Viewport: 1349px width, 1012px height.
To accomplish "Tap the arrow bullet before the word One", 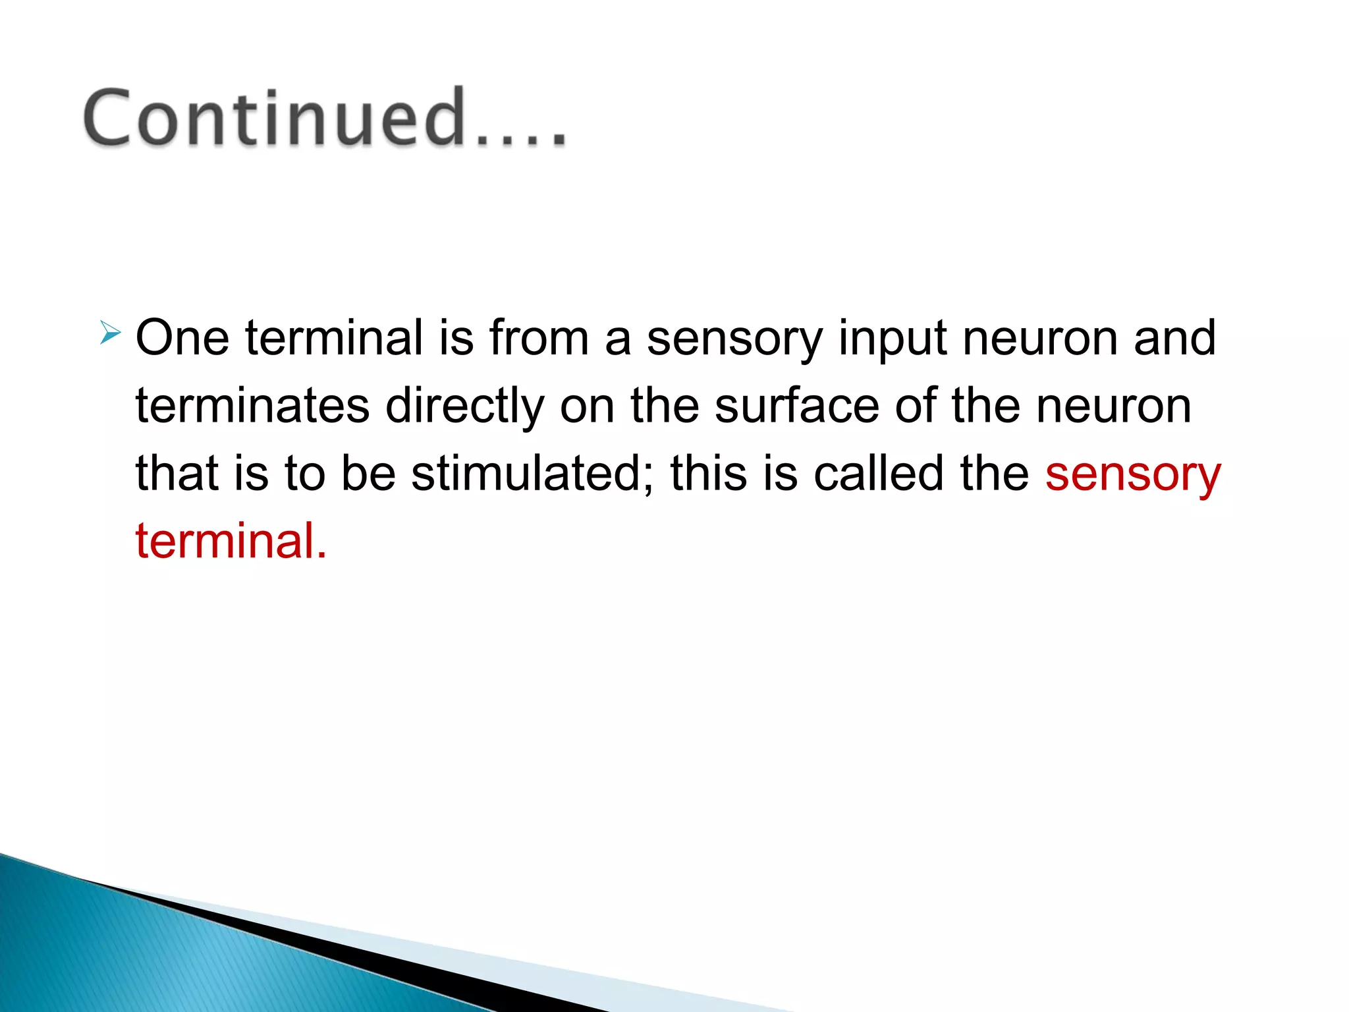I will pyautogui.click(x=110, y=333).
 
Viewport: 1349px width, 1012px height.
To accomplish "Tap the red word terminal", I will pyautogui.click(x=231, y=541).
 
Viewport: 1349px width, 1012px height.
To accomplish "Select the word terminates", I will pyautogui.click(x=252, y=406).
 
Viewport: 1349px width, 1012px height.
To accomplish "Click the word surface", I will pyautogui.click(x=797, y=406).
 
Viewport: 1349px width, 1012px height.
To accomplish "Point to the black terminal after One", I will pyautogui.click(x=334, y=338).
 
